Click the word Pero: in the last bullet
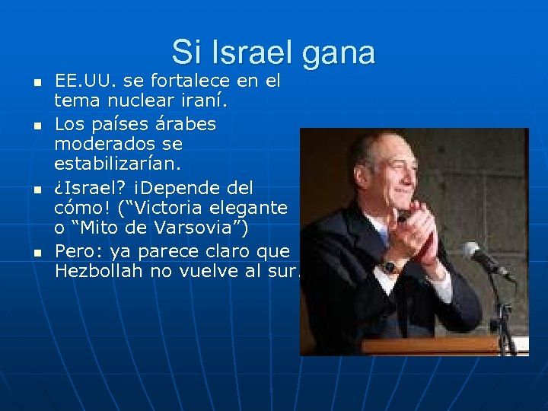click(79, 250)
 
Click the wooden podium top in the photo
click(441, 346)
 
